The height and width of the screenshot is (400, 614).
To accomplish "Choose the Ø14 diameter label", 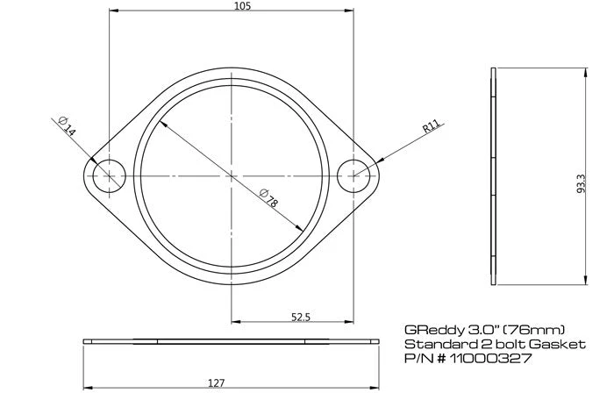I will pyautogui.click(x=67, y=125).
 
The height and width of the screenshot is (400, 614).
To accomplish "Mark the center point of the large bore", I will pyautogui.click(x=231, y=175).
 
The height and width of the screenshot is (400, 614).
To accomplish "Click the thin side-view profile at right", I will pyautogui.click(x=496, y=175).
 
